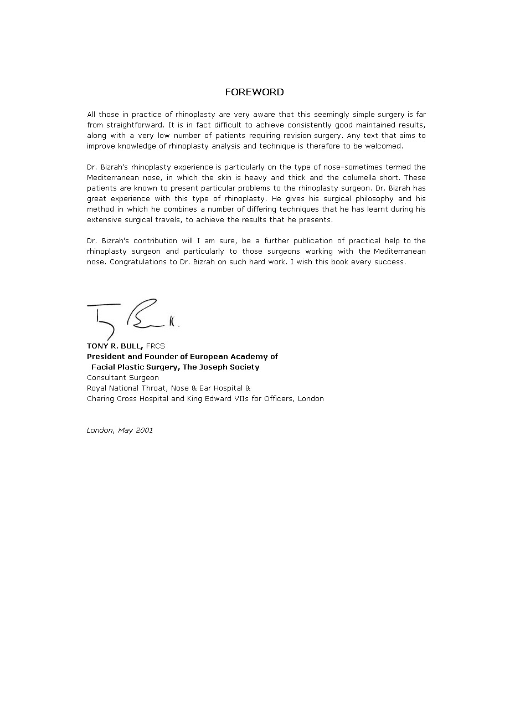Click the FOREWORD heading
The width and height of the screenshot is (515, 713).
pyautogui.click(x=254, y=92)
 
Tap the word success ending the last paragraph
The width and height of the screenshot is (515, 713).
pyautogui.click(x=391, y=262)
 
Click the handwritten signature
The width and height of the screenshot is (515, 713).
pyautogui.click(x=133, y=317)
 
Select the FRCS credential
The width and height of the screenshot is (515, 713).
pyautogui.click(x=156, y=346)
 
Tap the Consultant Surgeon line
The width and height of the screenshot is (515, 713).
pyautogui.click(x=123, y=378)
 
